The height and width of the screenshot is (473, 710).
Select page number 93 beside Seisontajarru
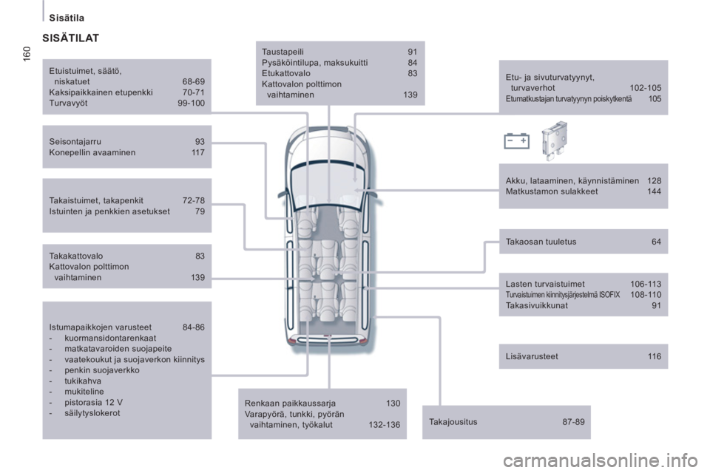200,140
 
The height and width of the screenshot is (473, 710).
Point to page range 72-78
193,200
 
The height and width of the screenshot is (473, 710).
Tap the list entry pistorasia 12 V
89,402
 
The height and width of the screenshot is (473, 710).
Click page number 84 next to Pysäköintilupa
412,63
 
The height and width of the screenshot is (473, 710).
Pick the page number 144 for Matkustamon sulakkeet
654,191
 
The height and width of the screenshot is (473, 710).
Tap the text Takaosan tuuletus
541,242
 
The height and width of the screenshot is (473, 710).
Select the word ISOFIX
608,294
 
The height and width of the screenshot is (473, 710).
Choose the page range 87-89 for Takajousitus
573,422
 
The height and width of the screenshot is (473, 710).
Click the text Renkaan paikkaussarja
290,403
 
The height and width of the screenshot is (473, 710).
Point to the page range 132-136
384,425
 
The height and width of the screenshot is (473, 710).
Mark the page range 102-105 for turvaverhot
645,88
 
